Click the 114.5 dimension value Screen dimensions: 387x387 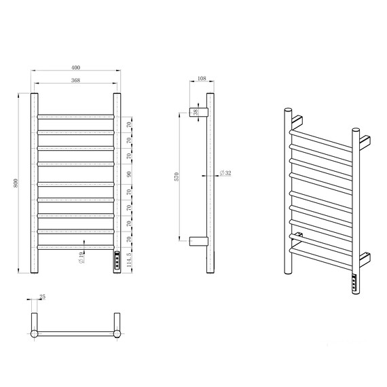pos(130,260)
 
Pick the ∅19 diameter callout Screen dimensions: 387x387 pos(81,257)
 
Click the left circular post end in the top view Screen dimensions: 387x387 pos(35,333)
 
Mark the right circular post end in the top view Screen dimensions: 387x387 pos(117,333)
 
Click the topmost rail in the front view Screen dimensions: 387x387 pos(75,116)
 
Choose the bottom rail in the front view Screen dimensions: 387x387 pos(75,248)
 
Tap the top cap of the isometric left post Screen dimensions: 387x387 pos(289,109)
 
